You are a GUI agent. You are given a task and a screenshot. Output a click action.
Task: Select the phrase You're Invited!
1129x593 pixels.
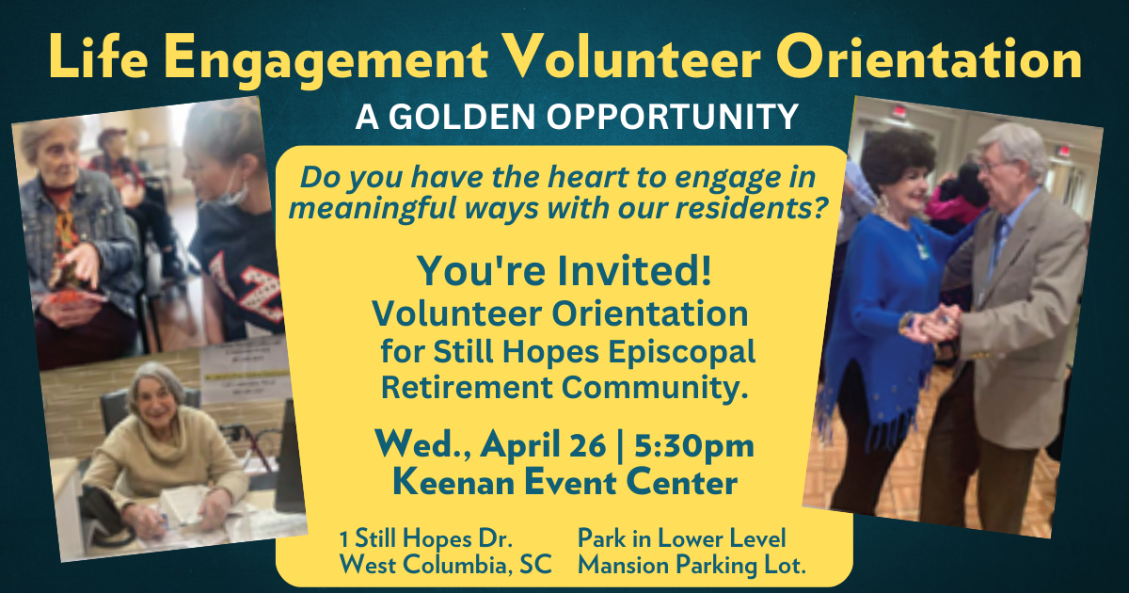coord(564,272)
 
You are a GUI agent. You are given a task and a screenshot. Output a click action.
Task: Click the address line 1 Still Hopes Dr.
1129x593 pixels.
coord(425,539)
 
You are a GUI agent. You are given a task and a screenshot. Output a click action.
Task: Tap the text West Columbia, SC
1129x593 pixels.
coord(446,566)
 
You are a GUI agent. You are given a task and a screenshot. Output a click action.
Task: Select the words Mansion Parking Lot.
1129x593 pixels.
coord(692,566)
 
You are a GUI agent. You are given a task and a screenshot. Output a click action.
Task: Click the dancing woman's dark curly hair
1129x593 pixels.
coord(899,160)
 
